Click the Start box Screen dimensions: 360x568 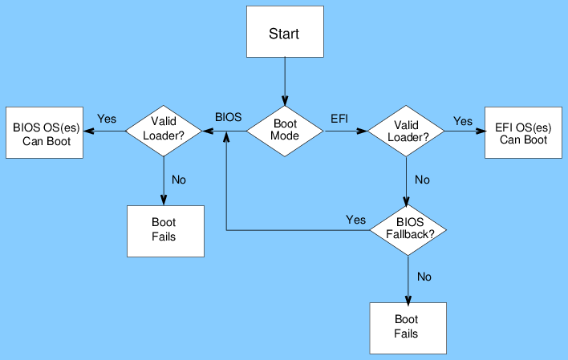point(284,34)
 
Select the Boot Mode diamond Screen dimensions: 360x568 point(285,131)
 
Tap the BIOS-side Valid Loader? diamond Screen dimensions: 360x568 point(164,131)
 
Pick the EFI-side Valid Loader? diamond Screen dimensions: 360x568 point(406,131)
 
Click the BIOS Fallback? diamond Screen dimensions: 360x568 point(408,229)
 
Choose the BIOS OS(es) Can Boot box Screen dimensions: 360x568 point(44,132)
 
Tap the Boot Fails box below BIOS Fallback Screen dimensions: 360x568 point(407,327)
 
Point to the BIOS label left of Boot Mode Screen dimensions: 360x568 point(228,117)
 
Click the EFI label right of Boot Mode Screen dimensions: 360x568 point(339,118)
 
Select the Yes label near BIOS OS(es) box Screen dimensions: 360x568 point(107,119)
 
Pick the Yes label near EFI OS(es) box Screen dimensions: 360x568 point(463,121)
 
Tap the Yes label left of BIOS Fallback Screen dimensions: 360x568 point(355,219)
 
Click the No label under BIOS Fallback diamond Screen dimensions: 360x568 point(424,277)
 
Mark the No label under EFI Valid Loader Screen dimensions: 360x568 point(422,180)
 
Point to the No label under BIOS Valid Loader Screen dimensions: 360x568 point(179,180)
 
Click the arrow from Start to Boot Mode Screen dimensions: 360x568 point(284,82)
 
